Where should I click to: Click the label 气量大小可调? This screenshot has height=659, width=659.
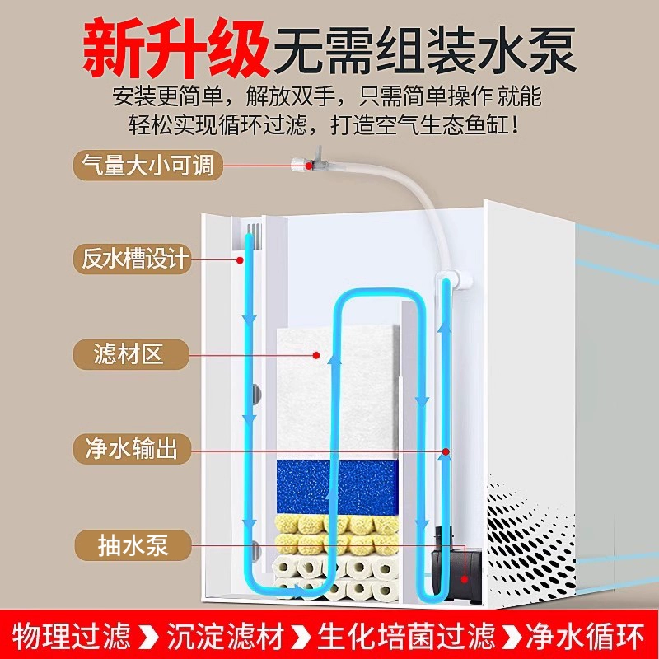(148, 166)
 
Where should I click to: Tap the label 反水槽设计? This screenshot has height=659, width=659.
(133, 259)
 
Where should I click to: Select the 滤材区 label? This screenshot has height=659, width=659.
(131, 354)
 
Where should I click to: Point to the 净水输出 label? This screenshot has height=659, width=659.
(132, 449)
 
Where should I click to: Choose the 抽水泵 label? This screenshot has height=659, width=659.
(133, 545)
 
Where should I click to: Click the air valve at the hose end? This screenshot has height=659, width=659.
(309, 162)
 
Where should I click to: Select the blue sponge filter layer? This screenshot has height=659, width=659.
(337, 487)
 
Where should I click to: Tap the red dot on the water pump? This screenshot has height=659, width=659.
(465, 579)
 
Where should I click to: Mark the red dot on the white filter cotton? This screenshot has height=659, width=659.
(316, 355)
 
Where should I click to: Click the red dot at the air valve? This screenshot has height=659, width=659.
(309, 166)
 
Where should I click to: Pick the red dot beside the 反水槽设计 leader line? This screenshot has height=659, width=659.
(240, 260)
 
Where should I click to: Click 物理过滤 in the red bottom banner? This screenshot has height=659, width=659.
(72, 636)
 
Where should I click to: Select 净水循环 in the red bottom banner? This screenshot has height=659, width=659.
(585, 636)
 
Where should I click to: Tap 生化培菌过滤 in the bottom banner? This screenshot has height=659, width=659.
(406, 636)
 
